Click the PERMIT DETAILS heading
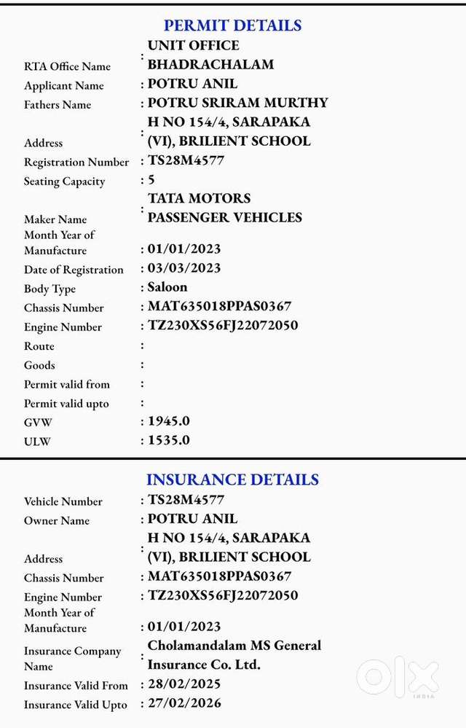click(x=232, y=26)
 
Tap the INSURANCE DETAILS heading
click(x=232, y=480)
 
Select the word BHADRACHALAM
click(x=211, y=64)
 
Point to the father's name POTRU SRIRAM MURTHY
click(x=238, y=103)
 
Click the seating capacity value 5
click(x=151, y=179)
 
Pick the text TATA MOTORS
click(x=200, y=198)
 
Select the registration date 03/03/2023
click(x=184, y=268)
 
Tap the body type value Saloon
click(x=167, y=287)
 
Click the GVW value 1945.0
click(x=169, y=421)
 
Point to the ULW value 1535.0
click(x=169, y=440)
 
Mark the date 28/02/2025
click(x=184, y=684)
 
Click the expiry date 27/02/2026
click(x=184, y=703)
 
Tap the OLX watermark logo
click(x=398, y=678)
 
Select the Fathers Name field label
click(x=58, y=105)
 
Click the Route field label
click(x=39, y=346)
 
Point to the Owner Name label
click(x=57, y=520)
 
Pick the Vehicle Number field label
click(x=63, y=501)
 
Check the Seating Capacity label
click(x=65, y=181)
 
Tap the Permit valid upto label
click(x=66, y=404)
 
